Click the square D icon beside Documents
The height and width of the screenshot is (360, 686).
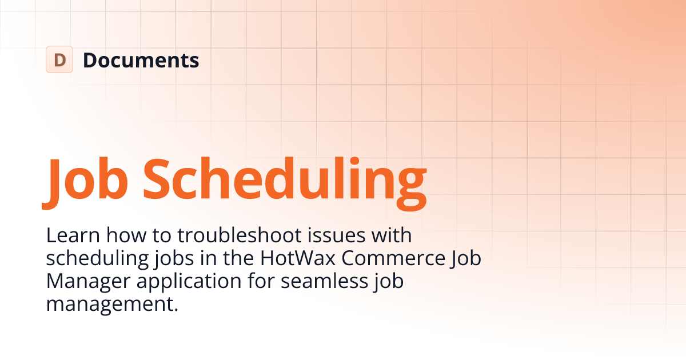[x=59, y=59]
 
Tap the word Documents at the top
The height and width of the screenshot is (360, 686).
[x=141, y=60]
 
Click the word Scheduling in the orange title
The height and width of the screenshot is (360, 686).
[x=285, y=176]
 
